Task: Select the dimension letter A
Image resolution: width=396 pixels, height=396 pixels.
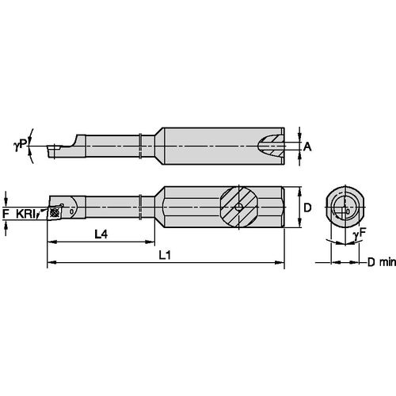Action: (308, 146)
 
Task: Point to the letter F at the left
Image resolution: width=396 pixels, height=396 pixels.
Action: (6, 213)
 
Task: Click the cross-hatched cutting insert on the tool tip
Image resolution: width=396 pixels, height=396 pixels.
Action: (57, 211)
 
